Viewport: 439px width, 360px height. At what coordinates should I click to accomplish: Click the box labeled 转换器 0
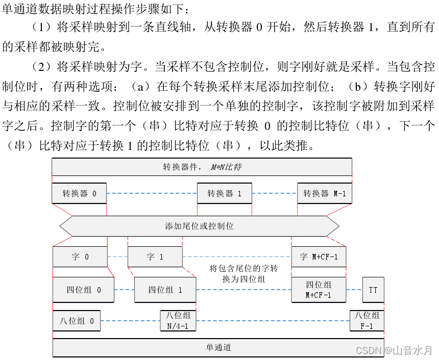pyautogui.click(x=79, y=193)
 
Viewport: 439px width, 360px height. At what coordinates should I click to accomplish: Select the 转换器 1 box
pyautogui.click(x=225, y=193)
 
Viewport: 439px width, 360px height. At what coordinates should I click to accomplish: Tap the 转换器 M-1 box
pyautogui.click(x=325, y=193)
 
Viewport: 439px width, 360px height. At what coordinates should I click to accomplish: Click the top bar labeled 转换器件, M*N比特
pyautogui.click(x=202, y=167)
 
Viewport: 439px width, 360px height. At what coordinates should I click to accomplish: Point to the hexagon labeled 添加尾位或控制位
pyautogui.click(x=200, y=226)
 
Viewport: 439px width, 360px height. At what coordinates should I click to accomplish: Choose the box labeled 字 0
pyautogui.click(x=80, y=257)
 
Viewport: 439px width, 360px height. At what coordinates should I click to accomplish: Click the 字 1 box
pyautogui.click(x=155, y=257)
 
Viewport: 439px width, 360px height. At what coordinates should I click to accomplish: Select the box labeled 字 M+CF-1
pyautogui.click(x=319, y=257)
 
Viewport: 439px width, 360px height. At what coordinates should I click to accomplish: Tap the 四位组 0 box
pyautogui.click(x=83, y=290)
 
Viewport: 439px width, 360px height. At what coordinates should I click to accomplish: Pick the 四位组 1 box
pyautogui.click(x=165, y=290)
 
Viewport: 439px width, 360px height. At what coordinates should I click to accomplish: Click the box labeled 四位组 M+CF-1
pyautogui.click(x=319, y=290)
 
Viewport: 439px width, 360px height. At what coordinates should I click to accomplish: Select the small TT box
pyautogui.click(x=373, y=290)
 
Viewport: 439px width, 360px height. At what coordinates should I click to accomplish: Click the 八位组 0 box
pyautogui.click(x=77, y=321)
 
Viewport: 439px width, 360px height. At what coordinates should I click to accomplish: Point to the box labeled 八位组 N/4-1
pyautogui.click(x=178, y=321)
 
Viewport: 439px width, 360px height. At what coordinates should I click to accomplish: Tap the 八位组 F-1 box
pyautogui.click(x=367, y=321)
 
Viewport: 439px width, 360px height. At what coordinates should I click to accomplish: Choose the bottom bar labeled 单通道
pyautogui.click(x=218, y=348)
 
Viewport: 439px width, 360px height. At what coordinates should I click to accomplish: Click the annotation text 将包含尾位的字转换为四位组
pyautogui.click(x=243, y=273)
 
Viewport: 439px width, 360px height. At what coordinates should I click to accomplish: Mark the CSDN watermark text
pyautogui.click(x=394, y=350)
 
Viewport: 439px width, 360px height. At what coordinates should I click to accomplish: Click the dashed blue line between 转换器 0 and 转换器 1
pyautogui.click(x=152, y=193)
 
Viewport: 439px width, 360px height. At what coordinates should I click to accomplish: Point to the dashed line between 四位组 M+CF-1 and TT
pyautogui.click(x=354, y=290)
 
